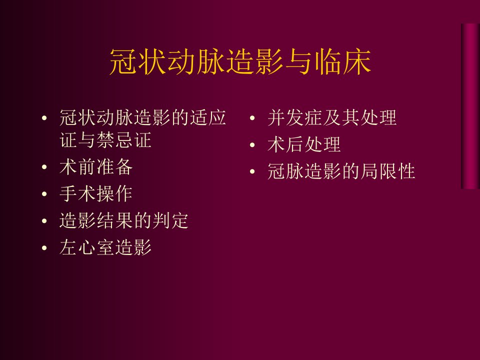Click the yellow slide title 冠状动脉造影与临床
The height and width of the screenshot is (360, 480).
[240, 62]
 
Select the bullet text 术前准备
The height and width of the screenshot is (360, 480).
[96, 167]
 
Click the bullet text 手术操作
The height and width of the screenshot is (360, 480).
[96, 194]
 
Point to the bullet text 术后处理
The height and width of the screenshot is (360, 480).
[304, 144]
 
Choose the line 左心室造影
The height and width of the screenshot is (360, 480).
[105, 247]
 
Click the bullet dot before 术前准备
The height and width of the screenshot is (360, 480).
[44, 167]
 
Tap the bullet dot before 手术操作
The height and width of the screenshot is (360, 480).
[44, 194]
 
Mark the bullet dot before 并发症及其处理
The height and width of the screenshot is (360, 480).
[252, 118]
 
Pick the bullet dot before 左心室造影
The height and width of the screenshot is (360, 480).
[44, 247]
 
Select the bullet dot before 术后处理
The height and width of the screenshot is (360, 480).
[252, 145]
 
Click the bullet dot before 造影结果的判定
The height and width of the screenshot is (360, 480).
[44, 220]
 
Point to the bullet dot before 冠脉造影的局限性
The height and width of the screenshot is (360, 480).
[252, 171]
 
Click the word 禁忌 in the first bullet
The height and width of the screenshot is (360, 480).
[115, 140]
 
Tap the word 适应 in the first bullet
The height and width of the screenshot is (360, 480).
[208, 117]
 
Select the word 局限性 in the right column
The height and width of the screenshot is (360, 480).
[388, 171]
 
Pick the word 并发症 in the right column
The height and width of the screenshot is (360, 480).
[295, 117]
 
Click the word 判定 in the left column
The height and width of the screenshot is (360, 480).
[170, 220]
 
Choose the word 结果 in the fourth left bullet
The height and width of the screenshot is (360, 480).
[115, 220]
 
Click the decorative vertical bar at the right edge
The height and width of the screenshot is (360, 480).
[470, 106]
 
